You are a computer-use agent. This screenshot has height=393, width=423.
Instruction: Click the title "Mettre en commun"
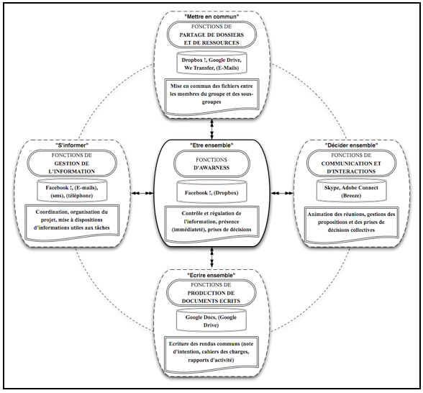pyautogui.click(x=211, y=17)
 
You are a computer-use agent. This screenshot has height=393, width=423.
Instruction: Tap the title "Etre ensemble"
pyautogui.click(x=211, y=145)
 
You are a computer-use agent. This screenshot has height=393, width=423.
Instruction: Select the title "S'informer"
pyautogui.click(x=72, y=145)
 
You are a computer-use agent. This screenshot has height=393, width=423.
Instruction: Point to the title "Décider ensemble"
pyautogui.click(x=351, y=145)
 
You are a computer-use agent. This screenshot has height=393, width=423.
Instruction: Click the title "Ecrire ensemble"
pyautogui.click(x=211, y=275)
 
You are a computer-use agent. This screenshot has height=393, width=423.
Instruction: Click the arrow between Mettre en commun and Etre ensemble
pyautogui.click(x=211, y=129)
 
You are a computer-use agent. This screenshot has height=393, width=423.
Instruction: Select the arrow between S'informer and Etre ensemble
pyautogui.click(x=142, y=193)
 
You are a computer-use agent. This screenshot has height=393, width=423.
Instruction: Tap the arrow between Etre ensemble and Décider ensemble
pyautogui.click(x=282, y=193)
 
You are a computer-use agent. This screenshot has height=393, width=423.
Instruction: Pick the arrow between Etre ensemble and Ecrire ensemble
pyautogui.click(x=211, y=258)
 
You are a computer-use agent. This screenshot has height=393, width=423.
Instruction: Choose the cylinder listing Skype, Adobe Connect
pyautogui.click(x=351, y=191)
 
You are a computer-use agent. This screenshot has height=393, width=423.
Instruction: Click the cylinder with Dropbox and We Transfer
pyautogui.click(x=211, y=63)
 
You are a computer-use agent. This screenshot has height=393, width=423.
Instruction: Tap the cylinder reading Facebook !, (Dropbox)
pyautogui.click(x=211, y=191)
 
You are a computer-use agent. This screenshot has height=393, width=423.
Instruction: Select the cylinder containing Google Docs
pyautogui.click(x=211, y=320)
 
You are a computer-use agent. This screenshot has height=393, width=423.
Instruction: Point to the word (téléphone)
pyautogui.click(x=79, y=196)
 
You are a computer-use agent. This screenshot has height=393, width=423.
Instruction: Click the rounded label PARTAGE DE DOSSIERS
pyautogui.click(x=211, y=35)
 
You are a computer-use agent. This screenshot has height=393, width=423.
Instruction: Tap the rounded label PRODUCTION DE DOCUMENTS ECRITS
pyautogui.click(x=211, y=293)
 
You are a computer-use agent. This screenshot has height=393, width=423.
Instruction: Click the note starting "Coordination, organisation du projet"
pyautogui.click(x=72, y=222)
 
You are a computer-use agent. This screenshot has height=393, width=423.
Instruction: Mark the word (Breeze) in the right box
pyautogui.click(x=351, y=196)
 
